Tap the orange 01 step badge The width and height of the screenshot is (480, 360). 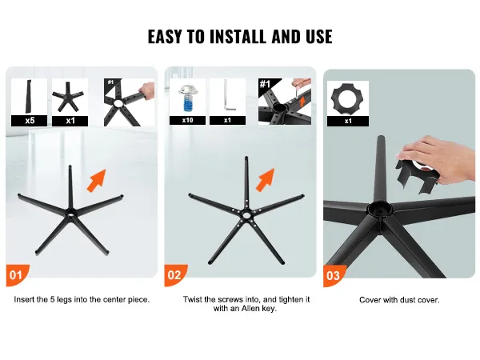[x=17, y=275]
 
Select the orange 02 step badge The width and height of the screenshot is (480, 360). [x=175, y=275]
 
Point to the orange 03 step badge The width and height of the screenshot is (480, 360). [x=334, y=275]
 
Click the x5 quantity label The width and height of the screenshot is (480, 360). [x=30, y=121]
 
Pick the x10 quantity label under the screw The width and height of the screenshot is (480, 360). [x=188, y=120]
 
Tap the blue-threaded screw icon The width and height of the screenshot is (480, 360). [x=186, y=98]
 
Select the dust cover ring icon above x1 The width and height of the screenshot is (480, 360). [x=348, y=98]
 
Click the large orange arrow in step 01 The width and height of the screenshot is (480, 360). [x=97, y=181]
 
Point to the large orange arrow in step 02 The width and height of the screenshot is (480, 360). [x=265, y=180]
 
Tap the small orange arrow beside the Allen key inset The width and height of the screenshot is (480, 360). [x=302, y=101]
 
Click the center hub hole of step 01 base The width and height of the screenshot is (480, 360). [x=70, y=213]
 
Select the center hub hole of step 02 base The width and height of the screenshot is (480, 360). [x=246, y=215]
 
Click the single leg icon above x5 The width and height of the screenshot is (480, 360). [x=29, y=97]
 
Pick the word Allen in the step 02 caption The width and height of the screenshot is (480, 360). [x=250, y=309]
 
